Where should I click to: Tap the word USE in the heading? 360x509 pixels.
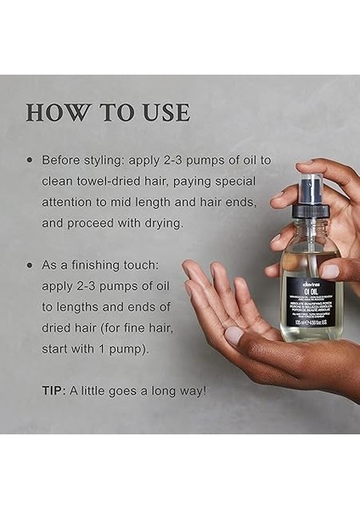160,113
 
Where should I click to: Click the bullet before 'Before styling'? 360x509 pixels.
31,159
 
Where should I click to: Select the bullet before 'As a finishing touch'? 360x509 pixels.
31,266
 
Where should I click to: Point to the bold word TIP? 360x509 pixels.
56,390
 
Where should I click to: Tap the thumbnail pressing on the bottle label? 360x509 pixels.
330,271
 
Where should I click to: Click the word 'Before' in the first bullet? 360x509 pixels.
64,159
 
